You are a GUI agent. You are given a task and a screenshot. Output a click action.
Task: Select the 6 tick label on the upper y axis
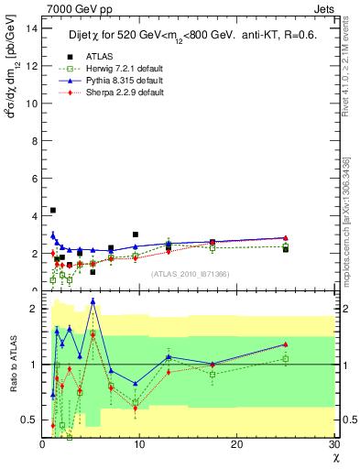tap(35, 178)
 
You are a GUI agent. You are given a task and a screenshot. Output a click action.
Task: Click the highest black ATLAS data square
tap(52, 210)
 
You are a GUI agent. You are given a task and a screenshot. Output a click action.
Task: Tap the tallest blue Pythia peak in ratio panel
tap(93, 300)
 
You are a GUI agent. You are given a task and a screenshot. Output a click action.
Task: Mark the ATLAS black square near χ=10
tap(136, 234)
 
